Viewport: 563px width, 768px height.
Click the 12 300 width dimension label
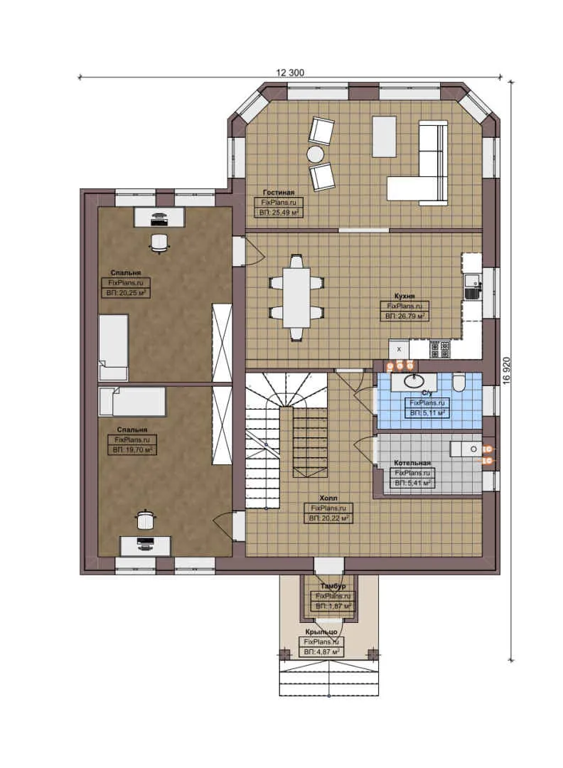[x=289, y=72]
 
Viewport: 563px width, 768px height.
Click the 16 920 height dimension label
[x=506, y=370]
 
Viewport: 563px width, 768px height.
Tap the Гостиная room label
[x=278, y=193]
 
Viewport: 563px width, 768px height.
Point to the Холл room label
[x=328, y=498]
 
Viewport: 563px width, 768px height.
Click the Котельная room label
[x=413, y=463]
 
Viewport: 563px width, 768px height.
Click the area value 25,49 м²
[x=279, y=212]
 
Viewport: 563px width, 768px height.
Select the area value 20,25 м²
[x=125, y=292]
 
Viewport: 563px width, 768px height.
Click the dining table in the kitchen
[x=296, y=297]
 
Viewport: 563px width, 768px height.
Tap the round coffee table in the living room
[x=316, y=154]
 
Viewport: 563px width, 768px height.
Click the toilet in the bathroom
[x=459, y=383]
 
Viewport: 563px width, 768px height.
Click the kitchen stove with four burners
[x=440, y=349]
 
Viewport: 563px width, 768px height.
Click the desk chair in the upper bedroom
[x=159, y=242]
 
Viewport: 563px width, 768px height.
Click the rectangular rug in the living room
[x=384, y=137]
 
